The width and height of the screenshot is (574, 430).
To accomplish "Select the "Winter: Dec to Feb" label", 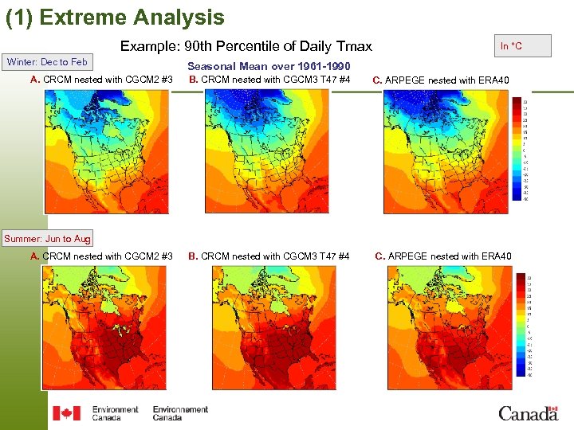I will [x=48, y=62].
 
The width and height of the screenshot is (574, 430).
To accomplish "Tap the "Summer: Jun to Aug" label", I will [x=47, y=239].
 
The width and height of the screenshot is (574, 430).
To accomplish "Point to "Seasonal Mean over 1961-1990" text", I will [x=269, y=66].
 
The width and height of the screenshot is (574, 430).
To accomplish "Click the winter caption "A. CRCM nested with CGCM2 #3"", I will [x=101, y=79].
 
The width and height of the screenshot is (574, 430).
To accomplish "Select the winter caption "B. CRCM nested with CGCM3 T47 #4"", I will [x=269, y=79].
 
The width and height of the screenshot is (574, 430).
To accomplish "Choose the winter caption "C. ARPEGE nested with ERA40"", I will [x=442, y=80].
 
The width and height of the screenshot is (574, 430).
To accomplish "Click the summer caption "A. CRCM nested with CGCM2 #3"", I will [x=101, y=256].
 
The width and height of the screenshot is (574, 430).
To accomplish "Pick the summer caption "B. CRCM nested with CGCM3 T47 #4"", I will [x=269, y=256].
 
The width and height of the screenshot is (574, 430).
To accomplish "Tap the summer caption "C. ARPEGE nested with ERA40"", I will [x=443, y=256].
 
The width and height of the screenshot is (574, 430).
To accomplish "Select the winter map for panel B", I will [x=265, y=151].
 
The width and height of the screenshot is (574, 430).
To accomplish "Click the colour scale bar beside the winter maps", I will [x=526, y=150].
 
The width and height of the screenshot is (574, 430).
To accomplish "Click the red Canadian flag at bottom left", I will [x=66, y=413].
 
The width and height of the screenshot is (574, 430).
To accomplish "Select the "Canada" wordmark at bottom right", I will [x=528, y=412].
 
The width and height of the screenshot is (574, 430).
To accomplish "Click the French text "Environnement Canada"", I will [x=180, y=413].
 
